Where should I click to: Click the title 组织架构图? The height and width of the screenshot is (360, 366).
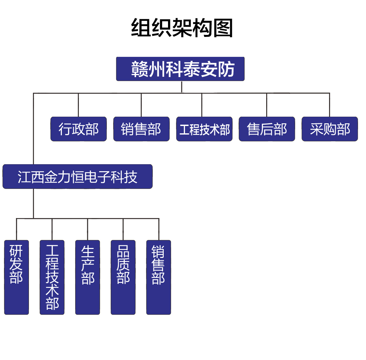(182, 28)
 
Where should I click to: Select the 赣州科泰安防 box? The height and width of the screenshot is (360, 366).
(180, 69)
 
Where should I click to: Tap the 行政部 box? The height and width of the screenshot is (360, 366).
(79, 129)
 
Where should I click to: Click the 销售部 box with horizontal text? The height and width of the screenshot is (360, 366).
(141, 129)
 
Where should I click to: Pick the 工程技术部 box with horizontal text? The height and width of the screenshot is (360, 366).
(204, 129)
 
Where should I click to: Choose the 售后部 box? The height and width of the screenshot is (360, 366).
(267, 129)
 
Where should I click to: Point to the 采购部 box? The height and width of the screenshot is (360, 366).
(330, 129)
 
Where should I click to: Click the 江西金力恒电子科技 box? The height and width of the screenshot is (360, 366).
(78, 177)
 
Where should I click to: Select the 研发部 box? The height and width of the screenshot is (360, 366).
(16, 277)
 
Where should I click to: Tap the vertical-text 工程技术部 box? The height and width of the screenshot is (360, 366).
(52, 277)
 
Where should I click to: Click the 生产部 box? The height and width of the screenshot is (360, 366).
(88, 277)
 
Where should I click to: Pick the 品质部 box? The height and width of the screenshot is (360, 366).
(123, 277)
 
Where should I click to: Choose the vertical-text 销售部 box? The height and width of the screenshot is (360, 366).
(159, 277)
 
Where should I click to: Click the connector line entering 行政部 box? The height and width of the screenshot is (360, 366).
(79, 105)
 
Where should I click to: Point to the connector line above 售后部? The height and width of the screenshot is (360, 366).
(267, 105)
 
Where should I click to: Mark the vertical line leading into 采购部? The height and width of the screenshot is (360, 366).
(329, 105)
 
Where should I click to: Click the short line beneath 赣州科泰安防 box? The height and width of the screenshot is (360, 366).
(182, 86)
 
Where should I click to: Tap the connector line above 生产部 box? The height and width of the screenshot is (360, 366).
(88, 229)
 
